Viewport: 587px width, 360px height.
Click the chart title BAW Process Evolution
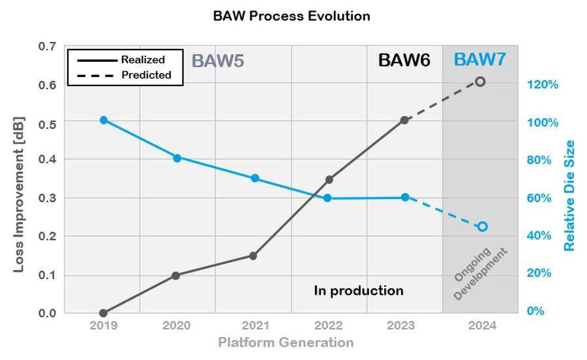click(292, 16)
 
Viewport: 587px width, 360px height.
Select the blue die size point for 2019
click(104, 120)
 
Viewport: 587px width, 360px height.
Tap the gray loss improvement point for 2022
click(329, 179)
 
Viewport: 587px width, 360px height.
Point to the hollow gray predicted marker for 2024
click(480, 82)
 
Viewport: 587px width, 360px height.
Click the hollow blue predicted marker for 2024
click(482, 226)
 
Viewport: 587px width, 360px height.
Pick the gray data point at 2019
click(104, 313)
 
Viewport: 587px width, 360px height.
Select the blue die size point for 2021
click(255, 178)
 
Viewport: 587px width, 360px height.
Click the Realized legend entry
click(121, 60)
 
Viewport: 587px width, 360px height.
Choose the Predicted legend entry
click(124, 75)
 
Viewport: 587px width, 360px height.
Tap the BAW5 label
click(218, 61)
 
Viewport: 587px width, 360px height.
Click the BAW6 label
click(404, 60)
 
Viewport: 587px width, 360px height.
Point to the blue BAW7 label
click(480, 59)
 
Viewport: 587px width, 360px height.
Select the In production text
click(359, 291)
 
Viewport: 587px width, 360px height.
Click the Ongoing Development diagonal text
click(480, 273)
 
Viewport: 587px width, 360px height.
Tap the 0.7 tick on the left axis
click(47, 46)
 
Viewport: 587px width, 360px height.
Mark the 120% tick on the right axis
click(543, 85)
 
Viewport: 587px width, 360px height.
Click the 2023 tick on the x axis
click(401, 325)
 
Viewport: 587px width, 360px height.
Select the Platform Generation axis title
click(286, 342)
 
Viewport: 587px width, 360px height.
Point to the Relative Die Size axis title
click(569, 196)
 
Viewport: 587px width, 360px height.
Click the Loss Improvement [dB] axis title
click(18, 194)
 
